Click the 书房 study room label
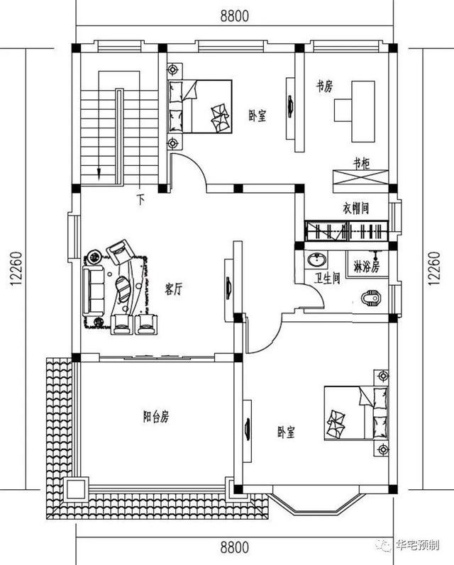click(x=325, y=86)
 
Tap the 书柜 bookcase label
click(x=361, y=163)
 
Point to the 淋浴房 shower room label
click(x=366, y=267)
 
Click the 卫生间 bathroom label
click(x=328, y=279)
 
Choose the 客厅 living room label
click(x=175, y=289)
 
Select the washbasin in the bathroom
click(x=315, y=260)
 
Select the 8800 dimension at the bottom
click(x=234, y=547)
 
